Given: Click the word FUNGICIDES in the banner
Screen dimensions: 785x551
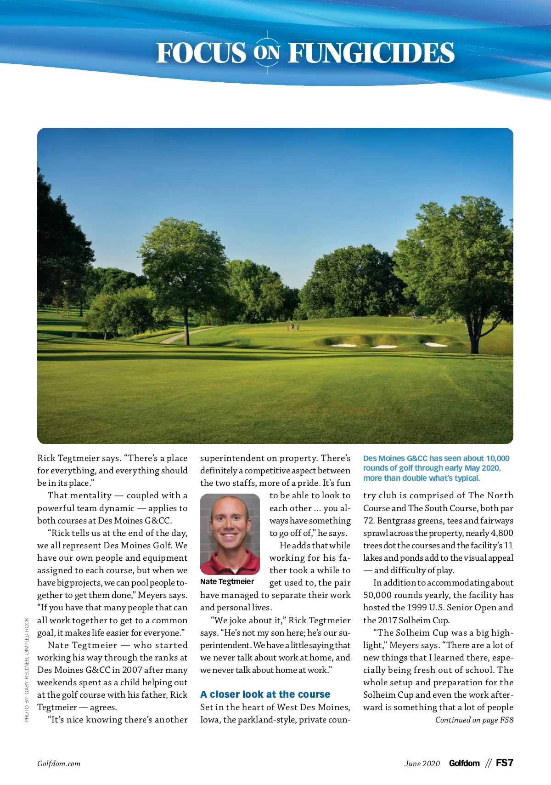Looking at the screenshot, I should (371, 53).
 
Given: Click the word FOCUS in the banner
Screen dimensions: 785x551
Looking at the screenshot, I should (201, 53).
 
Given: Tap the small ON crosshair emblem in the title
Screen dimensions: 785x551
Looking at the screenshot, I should (267, 52).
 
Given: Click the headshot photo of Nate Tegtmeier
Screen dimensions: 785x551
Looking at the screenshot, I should (230, 534).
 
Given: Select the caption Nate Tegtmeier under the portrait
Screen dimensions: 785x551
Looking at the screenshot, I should (227, 582).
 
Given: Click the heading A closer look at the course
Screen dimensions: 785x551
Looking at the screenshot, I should (265, 694).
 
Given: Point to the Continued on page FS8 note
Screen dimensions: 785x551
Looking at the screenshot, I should (474, 720).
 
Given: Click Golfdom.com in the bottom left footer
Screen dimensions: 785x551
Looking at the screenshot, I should (59, 764).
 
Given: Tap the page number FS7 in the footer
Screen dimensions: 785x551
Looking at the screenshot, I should (504, 763).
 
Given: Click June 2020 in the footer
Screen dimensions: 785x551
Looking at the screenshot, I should (422, 764).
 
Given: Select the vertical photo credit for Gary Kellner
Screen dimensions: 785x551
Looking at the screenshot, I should (27, 670).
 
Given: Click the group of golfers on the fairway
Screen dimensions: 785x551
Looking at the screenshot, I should (292, 327).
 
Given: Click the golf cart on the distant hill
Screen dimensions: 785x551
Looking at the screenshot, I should (416, 316).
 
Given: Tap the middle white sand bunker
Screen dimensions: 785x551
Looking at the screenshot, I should (384, 347).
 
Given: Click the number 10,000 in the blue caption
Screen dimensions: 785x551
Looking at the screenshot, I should (497, 458).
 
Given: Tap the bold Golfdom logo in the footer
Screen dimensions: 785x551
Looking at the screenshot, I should (464, 763).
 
